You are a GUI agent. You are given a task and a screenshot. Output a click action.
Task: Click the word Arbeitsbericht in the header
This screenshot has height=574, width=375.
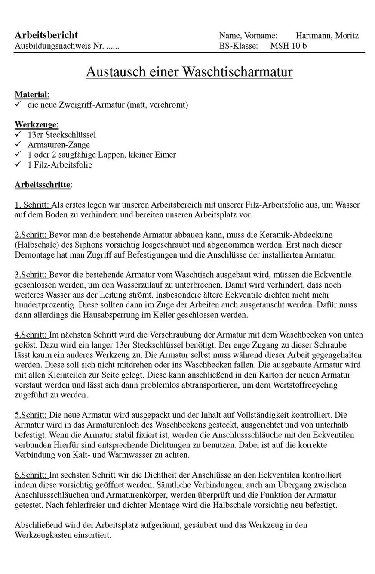click(46, 35)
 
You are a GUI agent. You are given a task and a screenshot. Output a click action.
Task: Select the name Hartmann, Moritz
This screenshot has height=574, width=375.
click(327, 36)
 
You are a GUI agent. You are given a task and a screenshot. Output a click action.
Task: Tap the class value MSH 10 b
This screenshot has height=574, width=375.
click(289, 46)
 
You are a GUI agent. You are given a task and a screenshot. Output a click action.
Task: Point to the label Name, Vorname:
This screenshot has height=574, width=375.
click(248, 36)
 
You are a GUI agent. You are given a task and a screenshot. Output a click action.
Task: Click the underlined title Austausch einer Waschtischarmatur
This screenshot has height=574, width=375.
click(189, 71)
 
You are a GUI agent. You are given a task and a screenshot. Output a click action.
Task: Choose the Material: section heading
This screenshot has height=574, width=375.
click(32, 94)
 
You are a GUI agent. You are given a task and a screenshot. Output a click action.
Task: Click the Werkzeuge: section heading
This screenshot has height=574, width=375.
click(36, 125)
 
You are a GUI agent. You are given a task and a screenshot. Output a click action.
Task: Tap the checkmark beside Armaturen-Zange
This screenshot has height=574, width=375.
click(18, 145)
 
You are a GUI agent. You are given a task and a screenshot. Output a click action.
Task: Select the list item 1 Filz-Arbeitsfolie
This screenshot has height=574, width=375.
click(60, 164)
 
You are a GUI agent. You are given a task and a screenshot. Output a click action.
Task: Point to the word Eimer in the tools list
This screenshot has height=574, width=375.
click(166, 155)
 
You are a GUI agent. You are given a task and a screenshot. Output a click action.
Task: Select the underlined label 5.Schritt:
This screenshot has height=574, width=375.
click(31, 415)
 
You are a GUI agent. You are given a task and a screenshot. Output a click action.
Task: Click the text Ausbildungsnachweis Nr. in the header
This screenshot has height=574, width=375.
click(58, 46)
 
